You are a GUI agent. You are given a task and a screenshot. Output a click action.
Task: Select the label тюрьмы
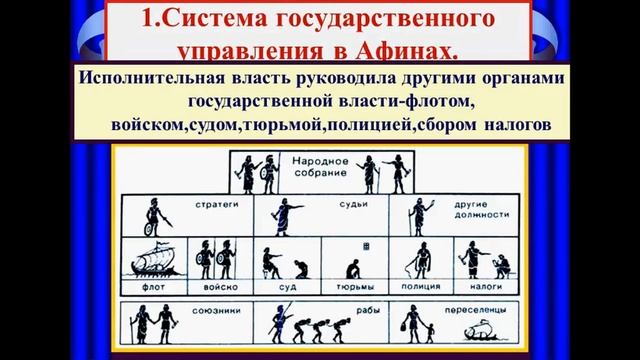tap(350, 283)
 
